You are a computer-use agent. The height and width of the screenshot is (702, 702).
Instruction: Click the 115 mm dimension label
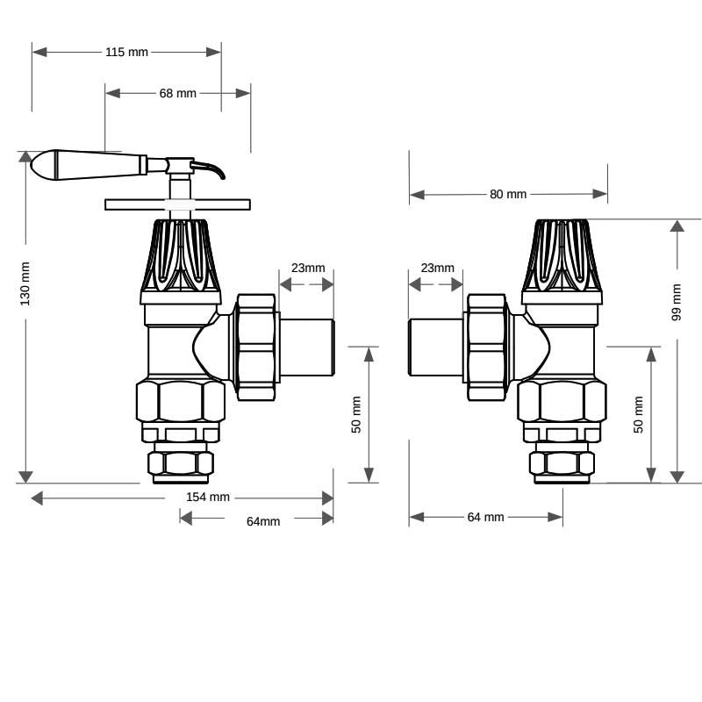tap(126, 52)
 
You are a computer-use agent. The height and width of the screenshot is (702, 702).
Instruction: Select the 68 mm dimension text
tap(178, 93)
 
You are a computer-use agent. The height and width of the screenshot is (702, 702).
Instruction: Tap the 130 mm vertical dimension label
tap(25, 283)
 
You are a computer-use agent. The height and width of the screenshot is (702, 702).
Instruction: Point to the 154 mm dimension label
tap(208, 497)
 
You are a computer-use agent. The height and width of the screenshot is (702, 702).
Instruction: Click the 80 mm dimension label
tap(508, 194)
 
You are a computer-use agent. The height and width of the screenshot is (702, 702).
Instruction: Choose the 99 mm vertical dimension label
tap(677, 302)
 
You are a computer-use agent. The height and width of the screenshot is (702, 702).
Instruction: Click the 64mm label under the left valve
tap(263, 521)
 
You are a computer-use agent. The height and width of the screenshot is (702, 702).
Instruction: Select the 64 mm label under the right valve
tap(486, 517)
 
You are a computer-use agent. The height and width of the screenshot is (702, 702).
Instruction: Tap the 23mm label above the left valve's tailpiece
tap(308, 268)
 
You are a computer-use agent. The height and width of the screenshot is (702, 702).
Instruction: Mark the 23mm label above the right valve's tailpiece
tap(437, 268)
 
